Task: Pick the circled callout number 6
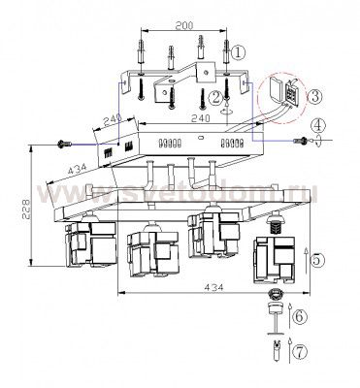pos(299,317)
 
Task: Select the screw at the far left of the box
pos(64,144)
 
